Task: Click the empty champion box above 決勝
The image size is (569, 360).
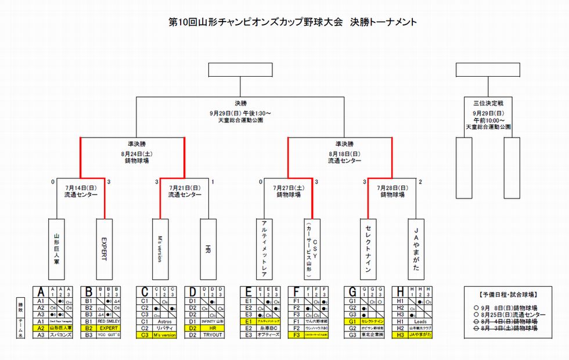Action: coord(240,70)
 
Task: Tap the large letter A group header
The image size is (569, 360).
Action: coord(41,291)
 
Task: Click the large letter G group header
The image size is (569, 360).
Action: coord(352,291)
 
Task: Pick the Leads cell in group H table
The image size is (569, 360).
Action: coord(419,321)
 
